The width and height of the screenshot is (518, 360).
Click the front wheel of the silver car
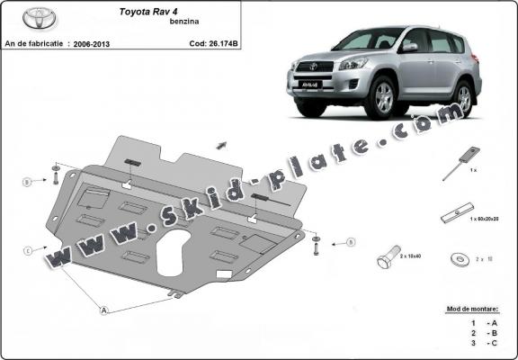pos(383,99)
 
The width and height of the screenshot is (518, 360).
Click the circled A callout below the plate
pos(104,310)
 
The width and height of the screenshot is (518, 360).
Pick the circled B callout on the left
pos(28,182)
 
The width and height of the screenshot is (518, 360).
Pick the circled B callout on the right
pos(350,241)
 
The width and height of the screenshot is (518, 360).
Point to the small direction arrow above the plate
pos(219,143)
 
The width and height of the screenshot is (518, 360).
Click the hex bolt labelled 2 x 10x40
pos(386,259)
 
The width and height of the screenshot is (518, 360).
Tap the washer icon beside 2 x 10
pos(460,259)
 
